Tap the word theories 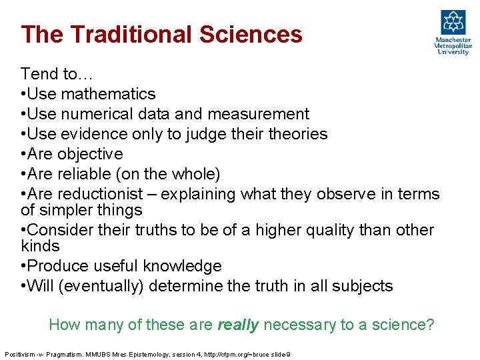(x=297, y=134)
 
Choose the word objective (x=90, y=154)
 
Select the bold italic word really (x=239, y=325)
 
